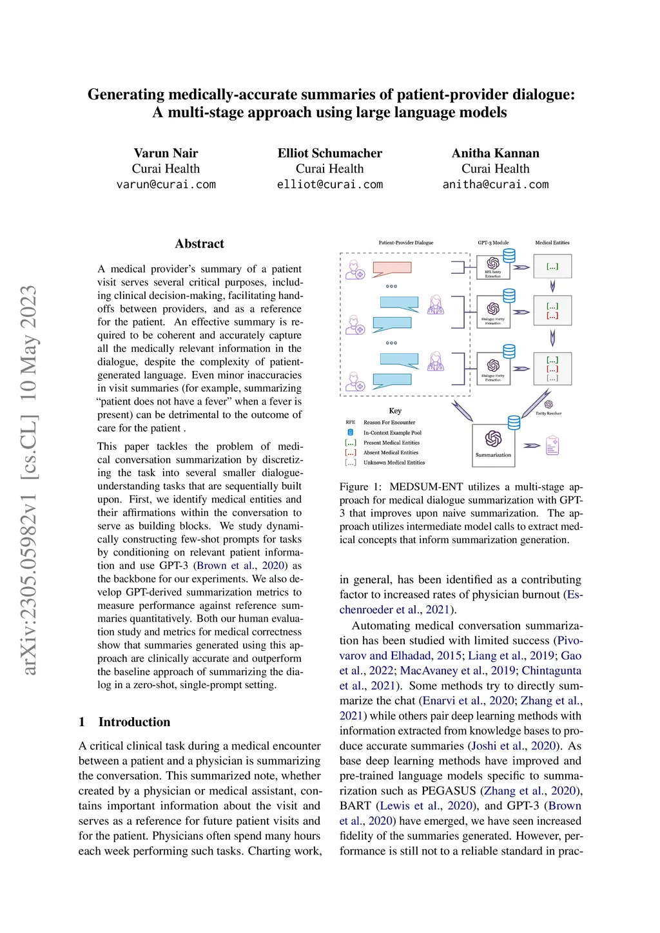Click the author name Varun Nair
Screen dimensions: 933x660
(166, 153)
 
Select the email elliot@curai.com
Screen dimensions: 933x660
(329, 184)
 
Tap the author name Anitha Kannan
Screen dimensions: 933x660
(495, 153)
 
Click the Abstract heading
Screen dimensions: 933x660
(199, 244)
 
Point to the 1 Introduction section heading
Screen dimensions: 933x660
(125, 722)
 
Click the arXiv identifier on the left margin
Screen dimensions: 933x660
(29, 480)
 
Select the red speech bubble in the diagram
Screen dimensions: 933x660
(392, 268)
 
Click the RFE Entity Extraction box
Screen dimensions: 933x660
(493, 267)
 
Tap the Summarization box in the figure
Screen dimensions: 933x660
(493, 445)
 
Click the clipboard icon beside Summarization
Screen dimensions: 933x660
(552, 445)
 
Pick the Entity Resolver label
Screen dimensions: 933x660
(548, 413)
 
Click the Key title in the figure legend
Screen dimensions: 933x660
(395, 410)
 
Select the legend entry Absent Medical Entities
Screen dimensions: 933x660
(391, 452)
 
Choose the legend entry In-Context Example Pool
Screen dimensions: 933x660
(392, 432)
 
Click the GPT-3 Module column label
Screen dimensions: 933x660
(493, 243)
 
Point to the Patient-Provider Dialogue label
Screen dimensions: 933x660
(406, 243)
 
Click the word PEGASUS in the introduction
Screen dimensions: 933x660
(449, 791)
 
